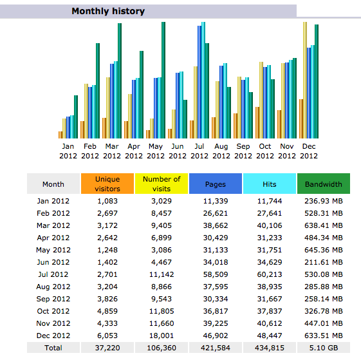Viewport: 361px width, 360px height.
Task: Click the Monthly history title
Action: coord(108,11)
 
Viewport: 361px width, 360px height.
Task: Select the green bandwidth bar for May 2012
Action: coord(163,81)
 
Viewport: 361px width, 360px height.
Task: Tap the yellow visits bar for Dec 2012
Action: coord(305,81)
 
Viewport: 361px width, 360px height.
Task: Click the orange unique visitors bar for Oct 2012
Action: coord(257,122)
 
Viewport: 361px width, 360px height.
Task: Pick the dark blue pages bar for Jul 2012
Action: coord(199,82)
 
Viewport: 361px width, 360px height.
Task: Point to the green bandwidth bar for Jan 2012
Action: coord(76,117)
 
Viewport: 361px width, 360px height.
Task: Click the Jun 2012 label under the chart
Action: coord(178,151)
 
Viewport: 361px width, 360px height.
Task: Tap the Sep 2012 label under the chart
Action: coord(243,151)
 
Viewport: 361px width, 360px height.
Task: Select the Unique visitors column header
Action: coord(107,184)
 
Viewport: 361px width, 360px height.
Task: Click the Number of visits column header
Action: coord(162,184)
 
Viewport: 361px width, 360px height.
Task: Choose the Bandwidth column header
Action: coord(324,184)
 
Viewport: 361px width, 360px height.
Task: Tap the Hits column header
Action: coord(270,184)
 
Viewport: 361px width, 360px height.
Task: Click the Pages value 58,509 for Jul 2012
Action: coord(216,274)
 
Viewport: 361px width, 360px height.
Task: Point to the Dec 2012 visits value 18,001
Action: coord(162,336)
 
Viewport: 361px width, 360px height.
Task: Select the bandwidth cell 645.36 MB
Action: coord(324,250)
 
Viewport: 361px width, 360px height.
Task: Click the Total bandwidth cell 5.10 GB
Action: coord(324,348)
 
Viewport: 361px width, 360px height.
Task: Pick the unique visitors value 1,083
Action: coord(107,201)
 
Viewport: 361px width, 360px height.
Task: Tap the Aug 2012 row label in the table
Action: coord(53,287)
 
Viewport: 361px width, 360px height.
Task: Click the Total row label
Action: coord(53,348)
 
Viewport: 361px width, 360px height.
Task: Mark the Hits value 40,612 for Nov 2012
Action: coord(270,323)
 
